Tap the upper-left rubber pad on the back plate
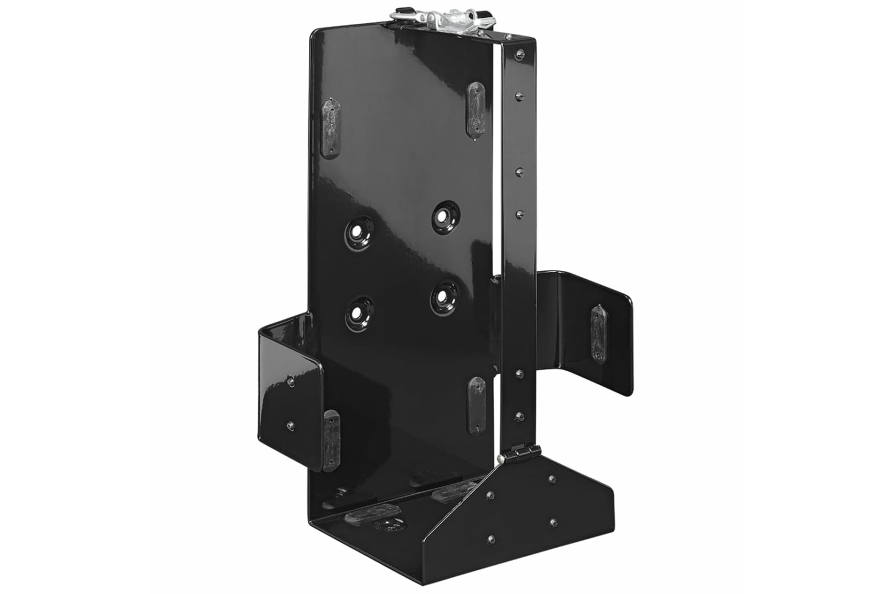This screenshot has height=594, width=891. tap(330, 128)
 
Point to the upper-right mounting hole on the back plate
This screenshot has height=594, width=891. tap(443, 214)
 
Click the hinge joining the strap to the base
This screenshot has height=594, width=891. tap(513, 455)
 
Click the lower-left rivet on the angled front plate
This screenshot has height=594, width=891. tap(491, 539)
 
